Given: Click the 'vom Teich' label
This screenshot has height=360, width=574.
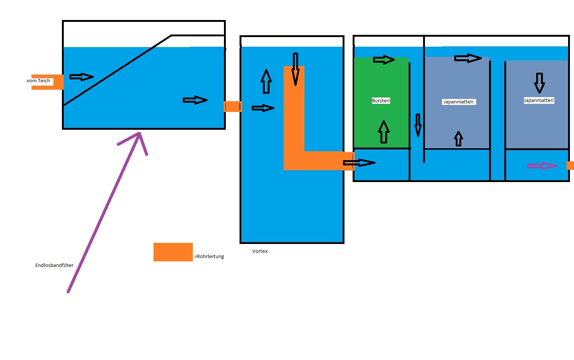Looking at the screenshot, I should coord(38,81).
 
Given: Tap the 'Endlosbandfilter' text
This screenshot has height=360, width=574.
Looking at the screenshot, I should coord(54,265).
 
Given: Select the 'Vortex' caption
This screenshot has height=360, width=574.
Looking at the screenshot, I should coord(260,251).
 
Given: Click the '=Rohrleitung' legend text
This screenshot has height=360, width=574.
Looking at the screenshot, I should coord(210,257).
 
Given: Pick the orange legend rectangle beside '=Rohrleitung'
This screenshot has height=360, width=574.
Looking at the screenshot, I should coord(173,252).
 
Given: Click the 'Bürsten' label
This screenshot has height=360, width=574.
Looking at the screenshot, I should coord(381,101).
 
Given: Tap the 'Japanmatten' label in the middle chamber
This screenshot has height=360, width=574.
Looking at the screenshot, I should coord(458,102).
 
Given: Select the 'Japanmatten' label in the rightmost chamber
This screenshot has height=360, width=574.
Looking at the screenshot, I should coord(538,100).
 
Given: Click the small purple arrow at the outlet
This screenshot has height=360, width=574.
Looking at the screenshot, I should coord(542,166).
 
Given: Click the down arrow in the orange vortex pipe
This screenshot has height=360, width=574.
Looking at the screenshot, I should coord(296,69).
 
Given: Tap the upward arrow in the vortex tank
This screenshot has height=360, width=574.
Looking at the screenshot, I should coord(266,81).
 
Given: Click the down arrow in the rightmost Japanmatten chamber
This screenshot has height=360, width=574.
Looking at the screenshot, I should coord(539,83).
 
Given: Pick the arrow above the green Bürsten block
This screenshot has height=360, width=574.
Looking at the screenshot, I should coord(384,60).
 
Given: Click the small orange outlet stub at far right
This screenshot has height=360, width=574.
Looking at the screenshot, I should coord(570,166).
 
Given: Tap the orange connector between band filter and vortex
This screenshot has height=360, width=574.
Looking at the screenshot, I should coord(232,107).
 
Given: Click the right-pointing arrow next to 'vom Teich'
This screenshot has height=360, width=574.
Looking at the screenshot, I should coord(82,77).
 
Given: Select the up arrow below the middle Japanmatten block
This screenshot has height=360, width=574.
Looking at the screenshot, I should coord(459,139).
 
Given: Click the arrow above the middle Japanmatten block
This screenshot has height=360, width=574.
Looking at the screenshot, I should coord(468,58).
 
